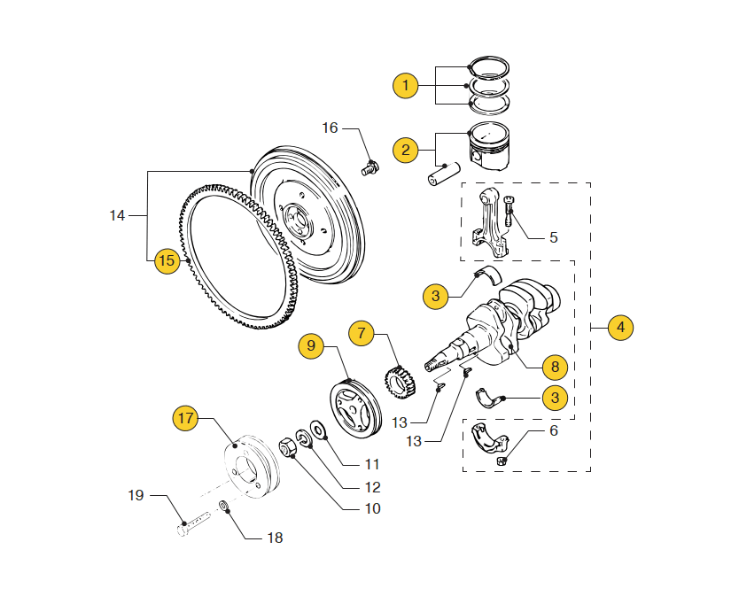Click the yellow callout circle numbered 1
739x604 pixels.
click(405, 86)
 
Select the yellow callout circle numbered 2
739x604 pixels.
click(405, 151)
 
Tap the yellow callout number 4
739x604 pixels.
click(620, 328)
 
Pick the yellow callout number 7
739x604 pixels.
click(361, 333)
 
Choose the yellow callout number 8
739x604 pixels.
click(555, 367)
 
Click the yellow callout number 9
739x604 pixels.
click(311, 345)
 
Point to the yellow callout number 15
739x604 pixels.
click(167, 260)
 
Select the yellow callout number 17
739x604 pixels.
click(186, 418)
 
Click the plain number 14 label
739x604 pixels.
click(117, 216)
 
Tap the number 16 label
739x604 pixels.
click(330, 128)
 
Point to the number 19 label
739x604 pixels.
click(136, 495)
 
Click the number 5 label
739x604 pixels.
click(554, 237)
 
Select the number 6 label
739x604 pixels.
click(554, 430)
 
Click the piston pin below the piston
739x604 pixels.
click(444, 174)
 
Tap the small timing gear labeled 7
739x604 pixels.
click(401, 383)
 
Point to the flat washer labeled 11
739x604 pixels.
click(319, 430)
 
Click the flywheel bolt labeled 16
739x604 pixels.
click(371, 168)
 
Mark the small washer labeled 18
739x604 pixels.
click(224, 507)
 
